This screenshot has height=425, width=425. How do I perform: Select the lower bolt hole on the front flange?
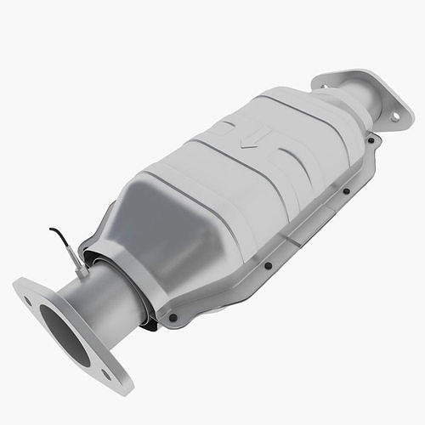coord(106,374)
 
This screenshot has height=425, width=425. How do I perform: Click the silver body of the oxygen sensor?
coord(76,258)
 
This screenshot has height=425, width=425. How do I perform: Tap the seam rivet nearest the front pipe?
coord(173,318)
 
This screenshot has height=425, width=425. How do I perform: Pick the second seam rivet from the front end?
coord(268,265)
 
